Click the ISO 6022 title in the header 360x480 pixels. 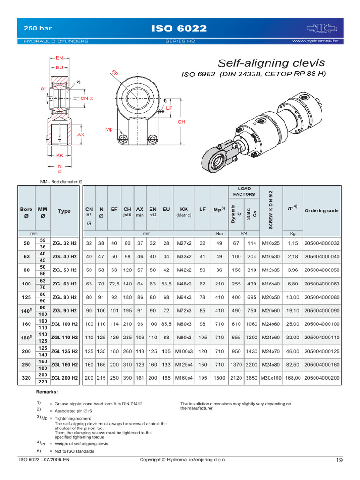click(x=179, y=29)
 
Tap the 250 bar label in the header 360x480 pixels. click(x=38, y=29)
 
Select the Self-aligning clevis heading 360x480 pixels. click(x=271, y=63)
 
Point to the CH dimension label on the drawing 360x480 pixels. click(x=181, y=122)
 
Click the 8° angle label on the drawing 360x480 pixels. click(x=43, y=88)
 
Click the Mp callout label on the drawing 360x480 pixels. click(x=109, y=129)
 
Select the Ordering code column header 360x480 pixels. click(x=322, y=211)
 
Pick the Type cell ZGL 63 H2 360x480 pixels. click(x=64, y=284)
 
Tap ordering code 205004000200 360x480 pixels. click(x=322, y=377)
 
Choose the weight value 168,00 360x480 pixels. click(x=292, y=377)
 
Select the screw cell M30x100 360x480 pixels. click(x=271, y=377)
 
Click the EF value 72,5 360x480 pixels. click(x=114, y=284)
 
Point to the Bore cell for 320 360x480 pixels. click(x=26, y=377)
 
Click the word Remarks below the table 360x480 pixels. click(x=47, y=391)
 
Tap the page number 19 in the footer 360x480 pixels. click(x=340, y=460)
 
